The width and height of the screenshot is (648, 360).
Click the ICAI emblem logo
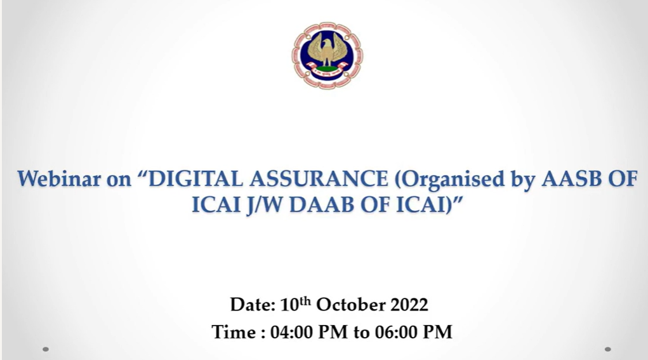pos(327,55)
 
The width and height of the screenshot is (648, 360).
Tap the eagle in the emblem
pos(327,50)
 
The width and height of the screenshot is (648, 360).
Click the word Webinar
pos(58,178)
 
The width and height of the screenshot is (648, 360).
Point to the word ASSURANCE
pos(319,178)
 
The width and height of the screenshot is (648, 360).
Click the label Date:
pos(253,305)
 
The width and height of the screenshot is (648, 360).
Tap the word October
pos(350,305)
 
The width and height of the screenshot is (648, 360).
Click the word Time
pos(234,332)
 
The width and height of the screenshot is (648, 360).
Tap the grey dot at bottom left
pos(46,349)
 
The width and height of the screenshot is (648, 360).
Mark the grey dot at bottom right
pos(607,349)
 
